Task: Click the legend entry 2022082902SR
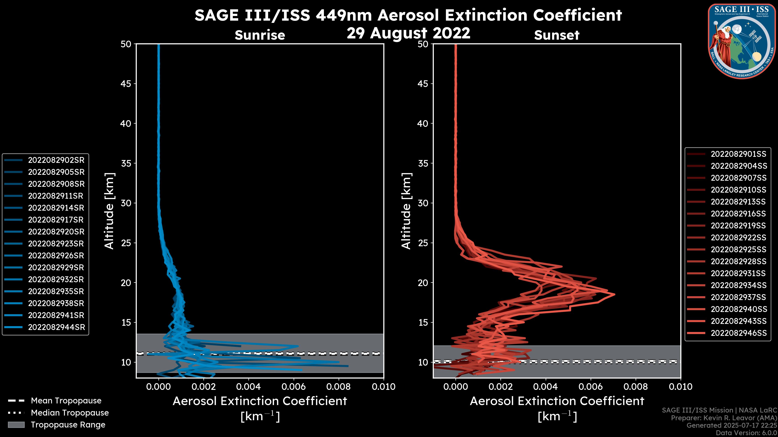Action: point(56,160)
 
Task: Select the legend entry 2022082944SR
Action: point(57,327)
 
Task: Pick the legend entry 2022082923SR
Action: point(56,244)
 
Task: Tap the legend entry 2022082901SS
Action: point(738,154)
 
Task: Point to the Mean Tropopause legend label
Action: point(66,401)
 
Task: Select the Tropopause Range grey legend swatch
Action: point(16,425)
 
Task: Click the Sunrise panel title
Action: point(260,35)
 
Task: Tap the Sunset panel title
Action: point(557,35)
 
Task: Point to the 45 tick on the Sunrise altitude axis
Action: point(126,84)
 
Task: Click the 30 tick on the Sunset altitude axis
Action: point(423,203)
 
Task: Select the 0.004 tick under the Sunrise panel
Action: point(249,387)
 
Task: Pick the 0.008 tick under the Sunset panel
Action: point(636,387)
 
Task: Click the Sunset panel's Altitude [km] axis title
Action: point(406,211)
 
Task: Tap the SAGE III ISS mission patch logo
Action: point(742,41)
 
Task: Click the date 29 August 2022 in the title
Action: point(408,33)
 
